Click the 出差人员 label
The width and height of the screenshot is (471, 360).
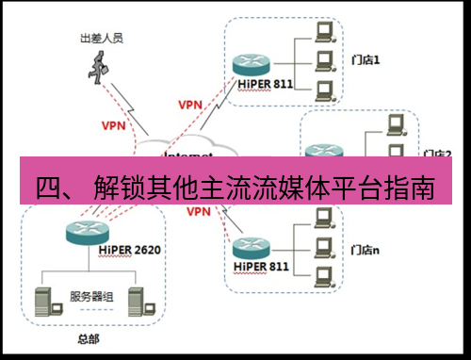tap(102, 39)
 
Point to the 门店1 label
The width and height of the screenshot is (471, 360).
tap(365, 58)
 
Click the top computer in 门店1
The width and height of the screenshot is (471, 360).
tap(326, 34)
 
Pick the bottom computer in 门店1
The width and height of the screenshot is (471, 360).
tap(326, 91)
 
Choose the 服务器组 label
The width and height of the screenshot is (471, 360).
tap(92, 297)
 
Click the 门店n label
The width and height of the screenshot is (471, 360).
tap(365, 250)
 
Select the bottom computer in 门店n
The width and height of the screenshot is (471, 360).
tap(326, 278)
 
